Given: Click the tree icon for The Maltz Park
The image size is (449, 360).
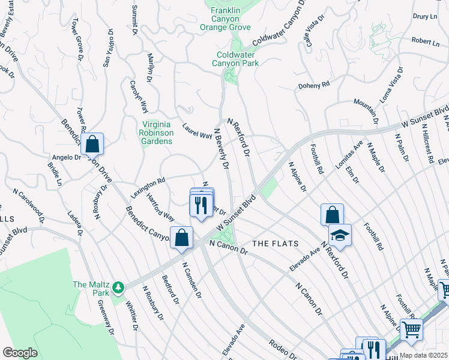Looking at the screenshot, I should click(119, 288).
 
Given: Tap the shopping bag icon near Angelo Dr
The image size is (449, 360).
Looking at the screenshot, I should click(92, 145).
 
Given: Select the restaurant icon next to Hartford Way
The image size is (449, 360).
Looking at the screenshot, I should click(202, 205).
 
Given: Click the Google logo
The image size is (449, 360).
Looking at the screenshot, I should click(20, 353).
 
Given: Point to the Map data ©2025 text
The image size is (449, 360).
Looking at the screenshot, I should click(424, 355).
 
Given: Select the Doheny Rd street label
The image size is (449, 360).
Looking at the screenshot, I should click(314, 86).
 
